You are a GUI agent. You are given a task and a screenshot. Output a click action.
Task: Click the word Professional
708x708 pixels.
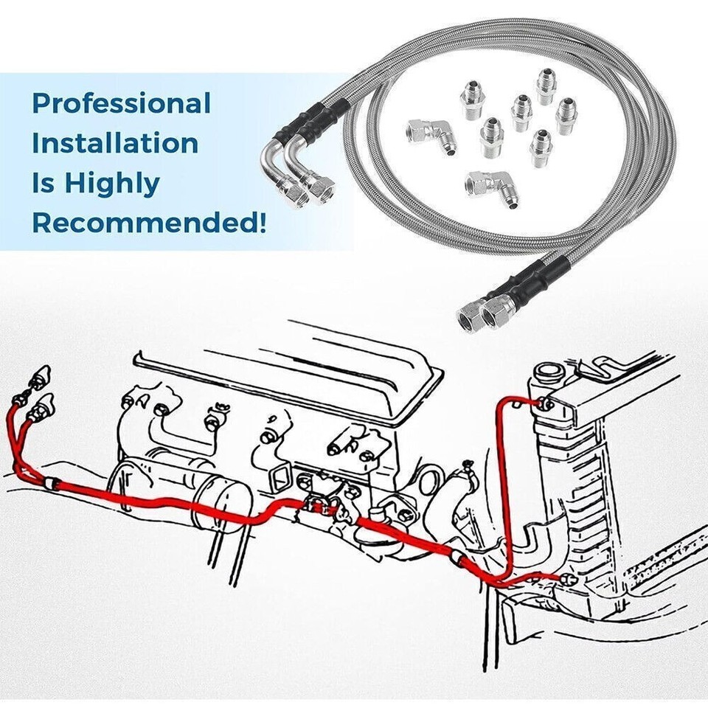pyautogui.click(x=122, y=104)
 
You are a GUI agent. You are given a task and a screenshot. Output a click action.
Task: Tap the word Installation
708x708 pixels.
pyautogui.click(x=114, y=143)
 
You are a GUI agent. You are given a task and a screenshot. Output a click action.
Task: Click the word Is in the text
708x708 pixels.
pyautogui.click(x=44, y=183)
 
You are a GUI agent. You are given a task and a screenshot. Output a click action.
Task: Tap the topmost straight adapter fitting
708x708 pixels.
pyautogui.click(x=547, y=86)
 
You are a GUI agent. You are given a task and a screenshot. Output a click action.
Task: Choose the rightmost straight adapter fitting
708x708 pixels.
pyautogui.click(x=566, y=117)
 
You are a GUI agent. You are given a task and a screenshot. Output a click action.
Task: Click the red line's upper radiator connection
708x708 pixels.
pyautogui.click(x=546, y=403)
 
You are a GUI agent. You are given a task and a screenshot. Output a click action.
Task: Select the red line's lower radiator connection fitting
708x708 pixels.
pyautogui.click(x=566, y=579)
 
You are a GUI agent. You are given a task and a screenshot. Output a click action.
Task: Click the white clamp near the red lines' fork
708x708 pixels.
pyautogui.click(x=51, y=483)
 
